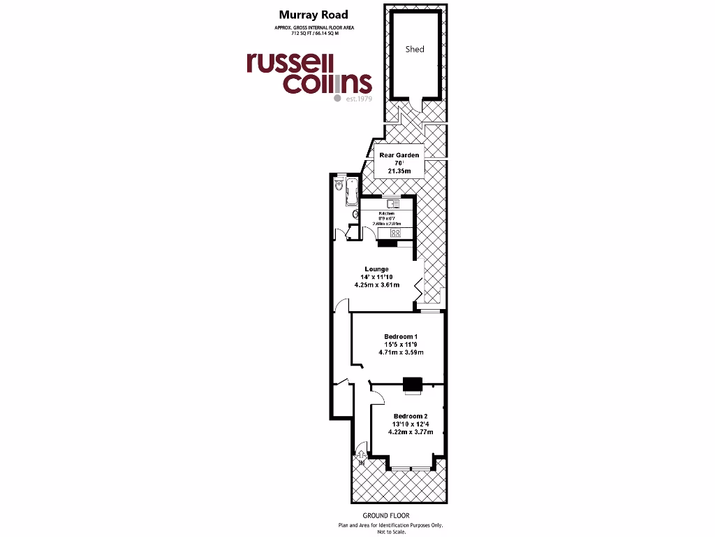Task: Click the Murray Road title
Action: point(304,14)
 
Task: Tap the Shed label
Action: point(415,49)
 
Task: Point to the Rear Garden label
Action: point(399,155)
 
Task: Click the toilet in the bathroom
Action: point(338,186)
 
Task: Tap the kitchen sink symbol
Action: point(394,204)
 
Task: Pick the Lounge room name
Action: point(376,268)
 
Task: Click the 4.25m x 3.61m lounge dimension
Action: point(376,285)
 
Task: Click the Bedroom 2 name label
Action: point(410,416)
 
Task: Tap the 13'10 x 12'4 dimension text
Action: point(410,424)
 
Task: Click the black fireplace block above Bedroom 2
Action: point(413,383)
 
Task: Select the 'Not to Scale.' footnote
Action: point(390,531)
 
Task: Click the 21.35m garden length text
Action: point(399,170)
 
